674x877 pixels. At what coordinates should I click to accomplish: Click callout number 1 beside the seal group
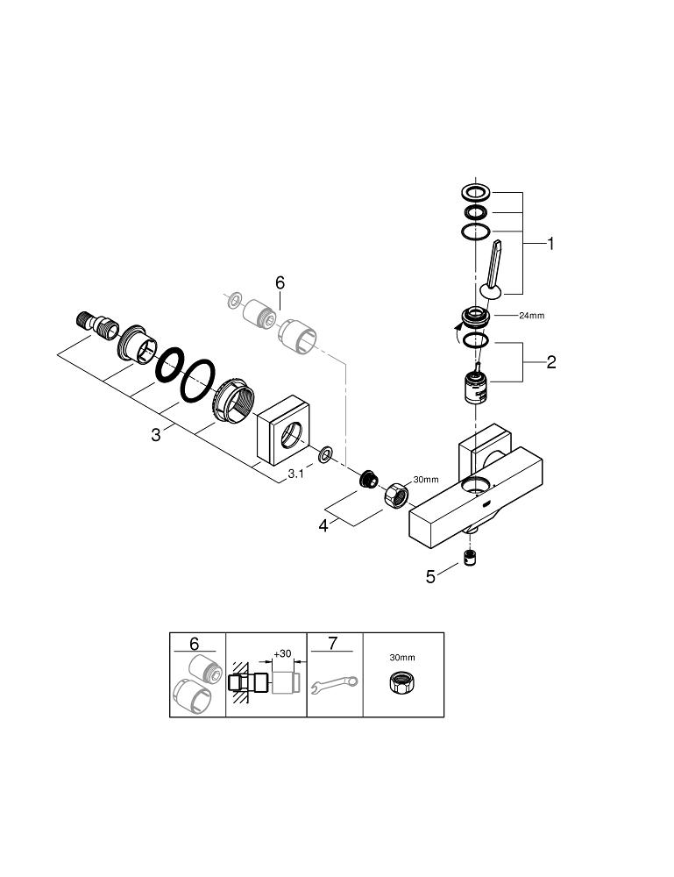coord(550,244)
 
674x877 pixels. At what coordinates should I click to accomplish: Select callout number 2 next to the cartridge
coord(550,361)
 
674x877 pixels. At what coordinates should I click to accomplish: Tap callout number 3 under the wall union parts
coord(156,433)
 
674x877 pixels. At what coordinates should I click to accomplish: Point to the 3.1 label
coord(296,474)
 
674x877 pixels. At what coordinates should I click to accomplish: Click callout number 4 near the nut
coord(324,525)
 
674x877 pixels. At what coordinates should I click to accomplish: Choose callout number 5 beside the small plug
coord(430,576)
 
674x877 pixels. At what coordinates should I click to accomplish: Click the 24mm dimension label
coord(531,315)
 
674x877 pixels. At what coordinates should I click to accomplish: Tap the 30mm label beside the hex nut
coord(425,479)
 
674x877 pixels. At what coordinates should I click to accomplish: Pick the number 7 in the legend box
coord(332,644)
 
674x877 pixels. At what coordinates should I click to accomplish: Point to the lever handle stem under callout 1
coord(492,267)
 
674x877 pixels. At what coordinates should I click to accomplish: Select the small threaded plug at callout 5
coord(471,560)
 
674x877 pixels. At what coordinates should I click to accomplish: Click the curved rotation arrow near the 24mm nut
coord(454,332)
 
